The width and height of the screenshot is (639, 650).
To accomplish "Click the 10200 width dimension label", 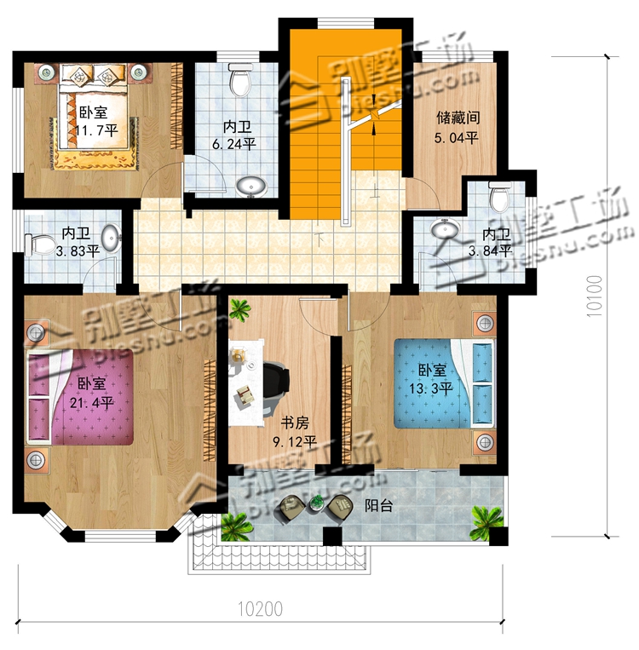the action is [x=261, y=609].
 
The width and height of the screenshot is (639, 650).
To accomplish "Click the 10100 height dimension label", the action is [x=594, y=296].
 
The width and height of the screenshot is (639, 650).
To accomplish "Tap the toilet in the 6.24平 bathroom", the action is [x=240, y=78].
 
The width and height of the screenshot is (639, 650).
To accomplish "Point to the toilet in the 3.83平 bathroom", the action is [x=41, y=245].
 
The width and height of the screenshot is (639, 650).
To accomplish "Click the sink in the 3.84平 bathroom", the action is [x=445, y=228].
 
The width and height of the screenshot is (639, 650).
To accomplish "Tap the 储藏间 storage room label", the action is [x=458, y=118].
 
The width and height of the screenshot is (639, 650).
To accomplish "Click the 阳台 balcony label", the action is [x=378, y=506].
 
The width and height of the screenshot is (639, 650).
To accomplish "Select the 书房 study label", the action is [x=295, y=423].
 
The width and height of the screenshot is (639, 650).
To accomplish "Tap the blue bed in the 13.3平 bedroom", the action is [x=444, y=383].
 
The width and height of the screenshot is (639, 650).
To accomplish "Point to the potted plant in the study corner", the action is [x=239, y=309].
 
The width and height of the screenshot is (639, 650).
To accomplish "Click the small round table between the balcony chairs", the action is [x=316, y=504].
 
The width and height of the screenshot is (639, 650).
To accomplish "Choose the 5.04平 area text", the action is [x=456, y=137].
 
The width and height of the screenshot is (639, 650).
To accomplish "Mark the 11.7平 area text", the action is [x=97, y=131].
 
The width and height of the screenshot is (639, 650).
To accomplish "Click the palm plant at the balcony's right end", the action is [x=487, y=522].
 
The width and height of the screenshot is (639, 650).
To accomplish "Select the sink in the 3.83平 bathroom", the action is [x=111, y=238].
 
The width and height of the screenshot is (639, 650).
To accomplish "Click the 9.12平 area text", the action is [x=295, y=442].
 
